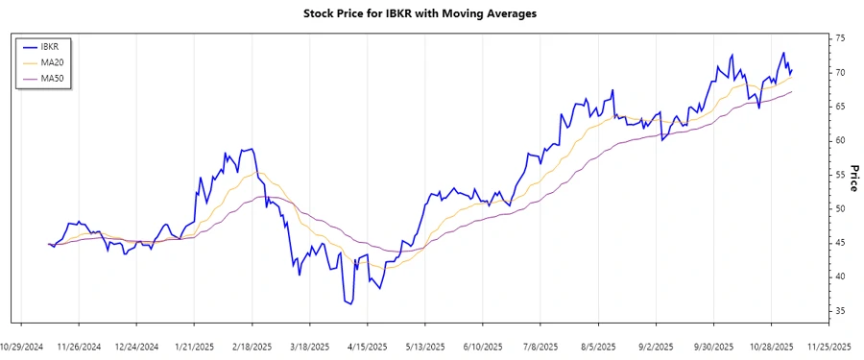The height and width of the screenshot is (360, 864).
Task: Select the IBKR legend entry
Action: coord(60,46)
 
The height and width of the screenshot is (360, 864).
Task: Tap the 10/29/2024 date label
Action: coord(21,345)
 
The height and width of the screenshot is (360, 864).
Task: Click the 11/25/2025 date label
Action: coord(828,345)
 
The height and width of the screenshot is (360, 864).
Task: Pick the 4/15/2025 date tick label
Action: coord(367,345)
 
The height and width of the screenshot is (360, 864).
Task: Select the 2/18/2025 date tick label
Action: coord(252,345)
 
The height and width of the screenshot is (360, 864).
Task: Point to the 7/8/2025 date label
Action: coord(540,345)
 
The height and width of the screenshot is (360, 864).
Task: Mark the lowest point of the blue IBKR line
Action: coord(349,304)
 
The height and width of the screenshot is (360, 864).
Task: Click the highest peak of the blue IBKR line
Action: coord(783,53)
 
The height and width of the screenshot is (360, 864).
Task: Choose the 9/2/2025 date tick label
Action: coord(656,345)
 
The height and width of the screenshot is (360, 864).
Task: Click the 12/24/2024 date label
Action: coord(136,345)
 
